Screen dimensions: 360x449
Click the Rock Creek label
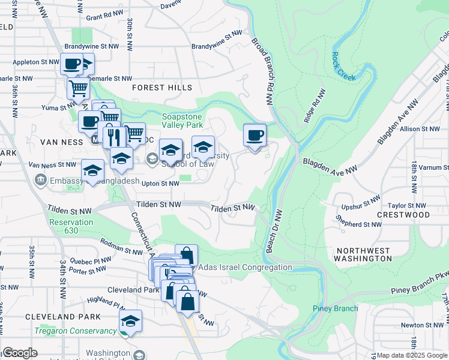click(344, 68)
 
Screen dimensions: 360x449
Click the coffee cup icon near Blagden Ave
click(255, 135)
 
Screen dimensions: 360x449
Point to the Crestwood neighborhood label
click(403, 215)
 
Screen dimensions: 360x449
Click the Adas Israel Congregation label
click(245, 267)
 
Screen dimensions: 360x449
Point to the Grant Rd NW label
click(104, 17)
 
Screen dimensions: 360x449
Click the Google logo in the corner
click(20, 353)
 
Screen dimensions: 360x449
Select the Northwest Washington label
click(364, 254)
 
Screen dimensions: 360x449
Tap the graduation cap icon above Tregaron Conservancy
click(130, 321)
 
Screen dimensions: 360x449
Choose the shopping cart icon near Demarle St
click(78, 89)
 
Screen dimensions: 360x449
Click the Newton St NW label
click(421, 325)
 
